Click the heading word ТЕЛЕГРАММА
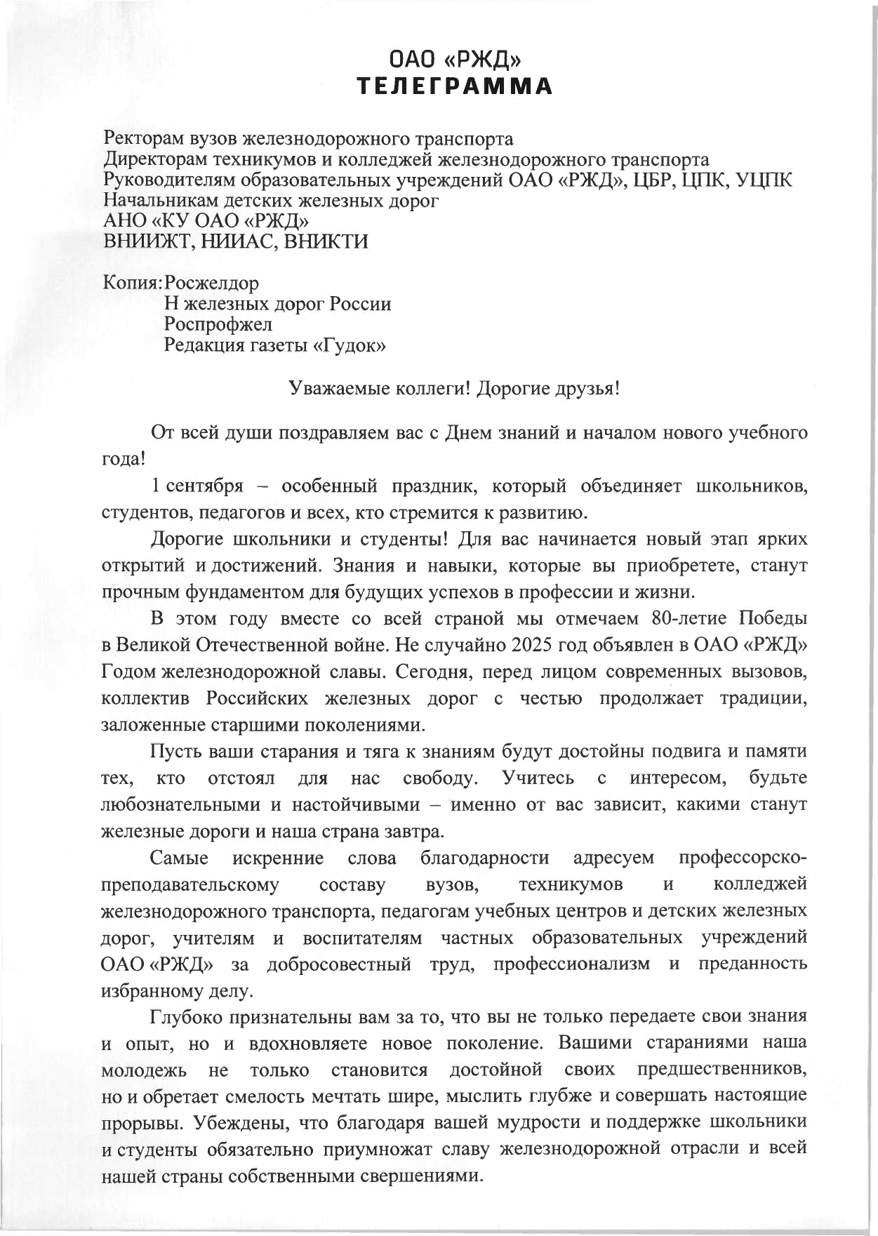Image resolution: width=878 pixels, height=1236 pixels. (x=455, y=86)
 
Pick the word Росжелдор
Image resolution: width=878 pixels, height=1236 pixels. (x=211, y=283)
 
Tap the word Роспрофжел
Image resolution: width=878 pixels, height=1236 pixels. (x=218, y=324)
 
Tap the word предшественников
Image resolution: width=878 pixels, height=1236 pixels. (x=722, y=1070)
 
